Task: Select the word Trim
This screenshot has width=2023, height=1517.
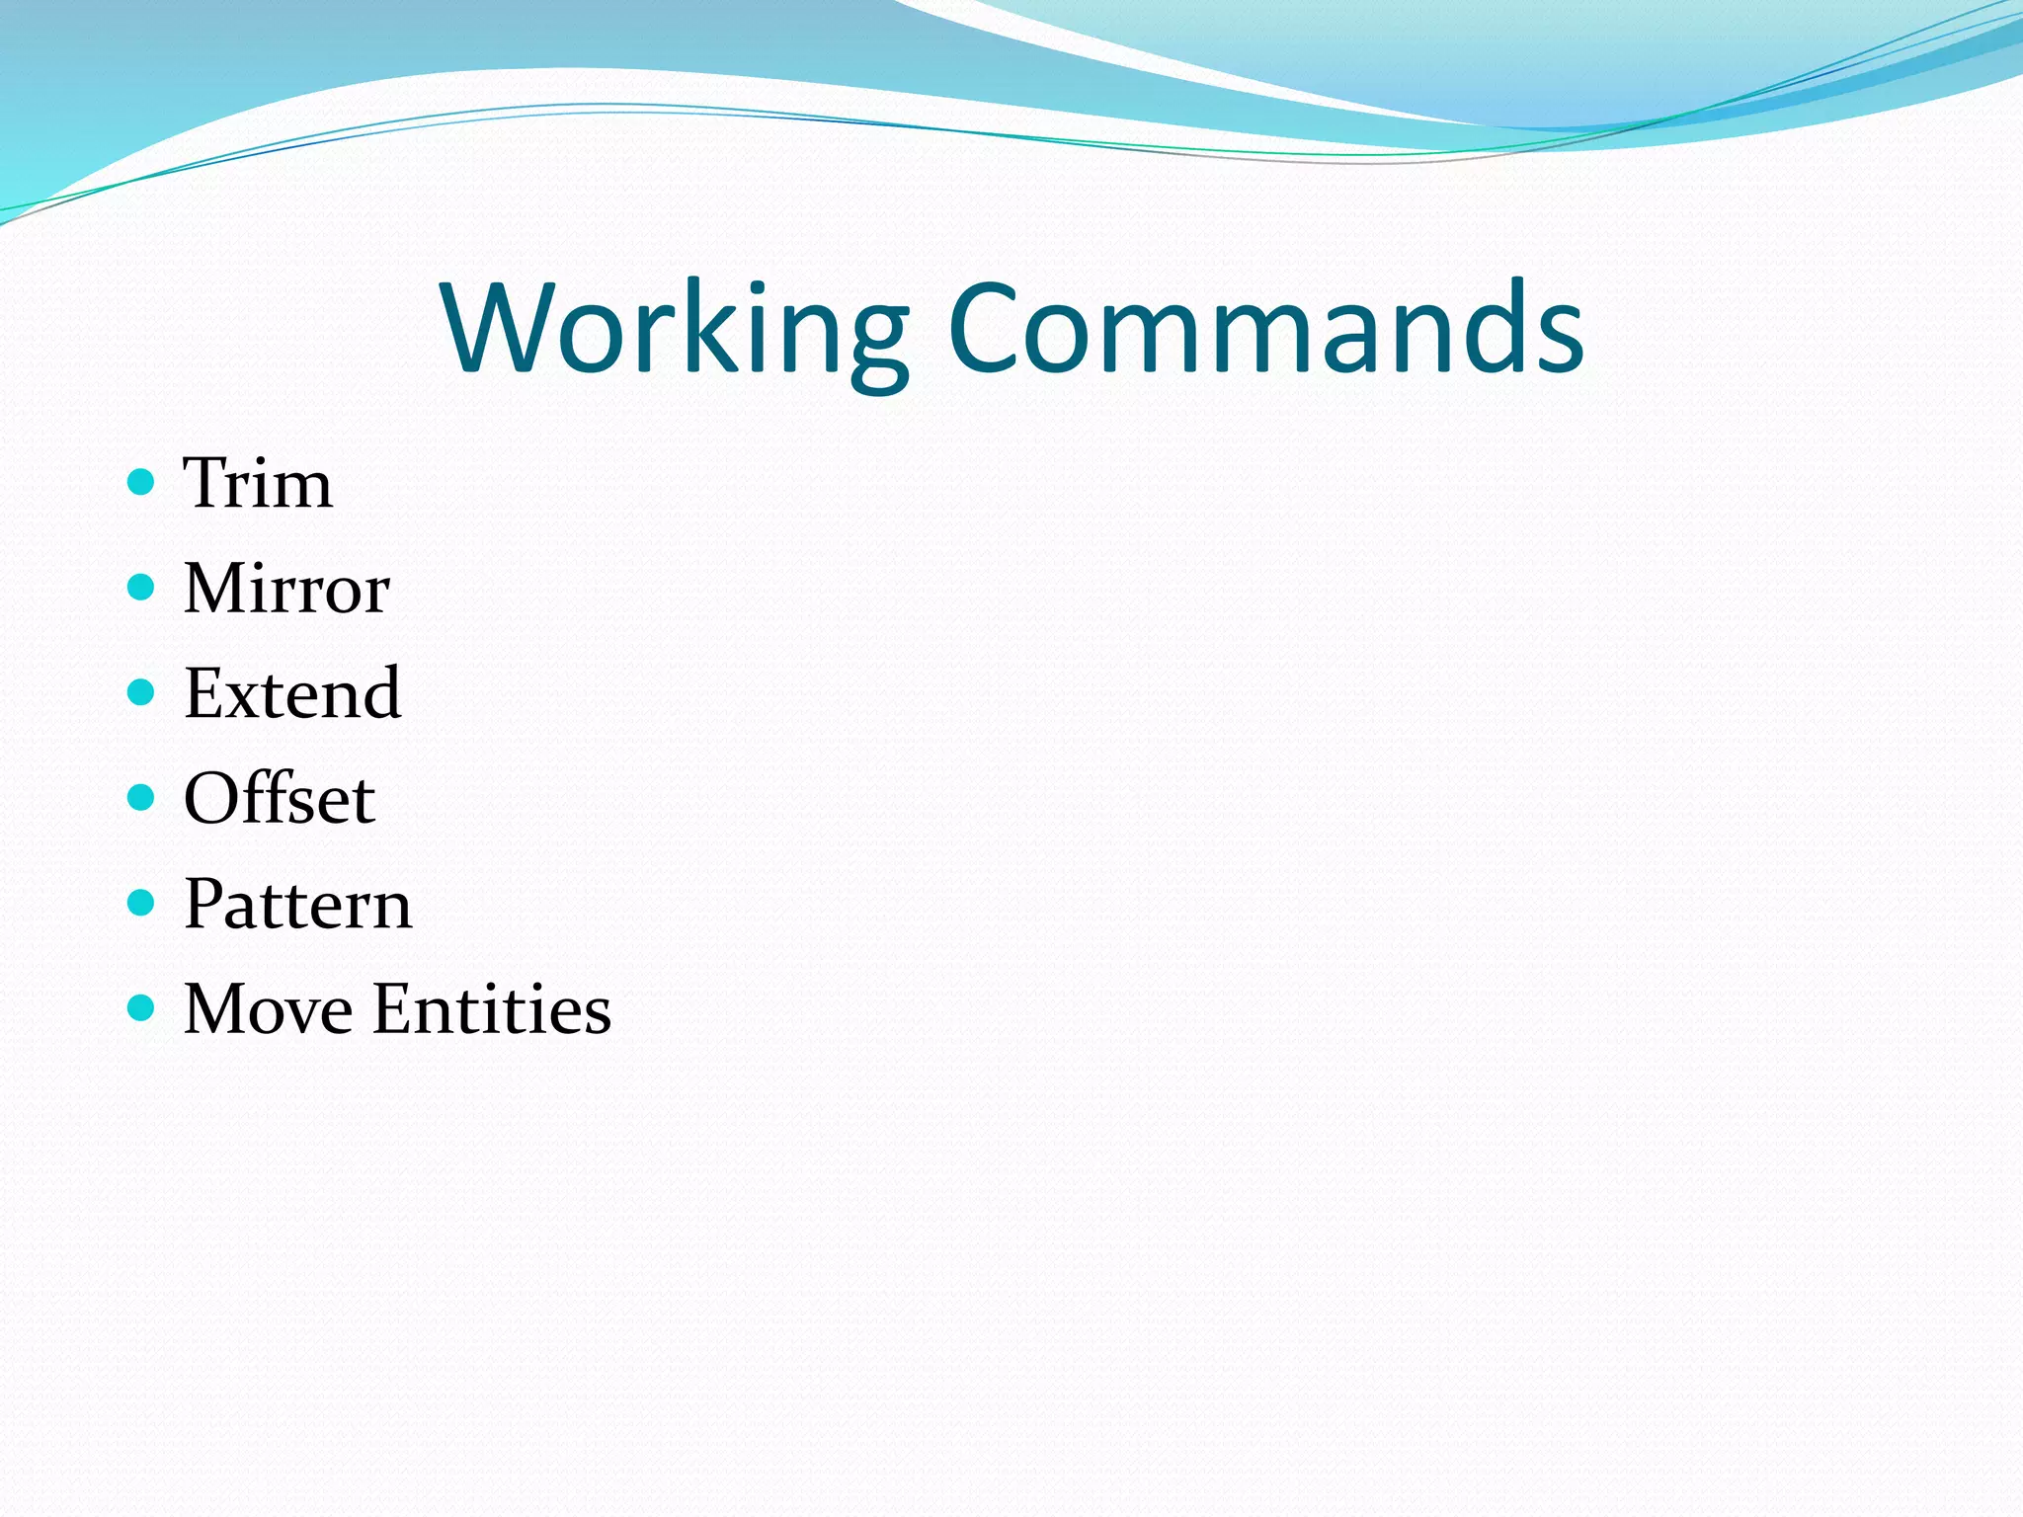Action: [258, 484]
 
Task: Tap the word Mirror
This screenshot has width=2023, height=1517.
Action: [286, 589]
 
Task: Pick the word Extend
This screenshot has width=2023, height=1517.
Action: [292, 693]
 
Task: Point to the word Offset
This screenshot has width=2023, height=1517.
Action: [280, 798]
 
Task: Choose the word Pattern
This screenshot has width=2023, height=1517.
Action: [297, 904]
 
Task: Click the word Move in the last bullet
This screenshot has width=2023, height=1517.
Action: [268, 1008]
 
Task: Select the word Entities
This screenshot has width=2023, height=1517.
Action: [492, 1008]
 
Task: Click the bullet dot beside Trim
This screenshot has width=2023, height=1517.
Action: [142, 483]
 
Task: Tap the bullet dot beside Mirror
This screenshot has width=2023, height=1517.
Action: [142, 588]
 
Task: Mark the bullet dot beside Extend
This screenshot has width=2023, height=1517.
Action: [142, 692]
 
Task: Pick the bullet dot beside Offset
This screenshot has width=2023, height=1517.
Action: [142, 797]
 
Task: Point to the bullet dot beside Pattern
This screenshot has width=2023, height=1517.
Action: [142, 903]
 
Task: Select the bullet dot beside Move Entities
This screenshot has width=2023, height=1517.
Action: [142, 1007]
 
